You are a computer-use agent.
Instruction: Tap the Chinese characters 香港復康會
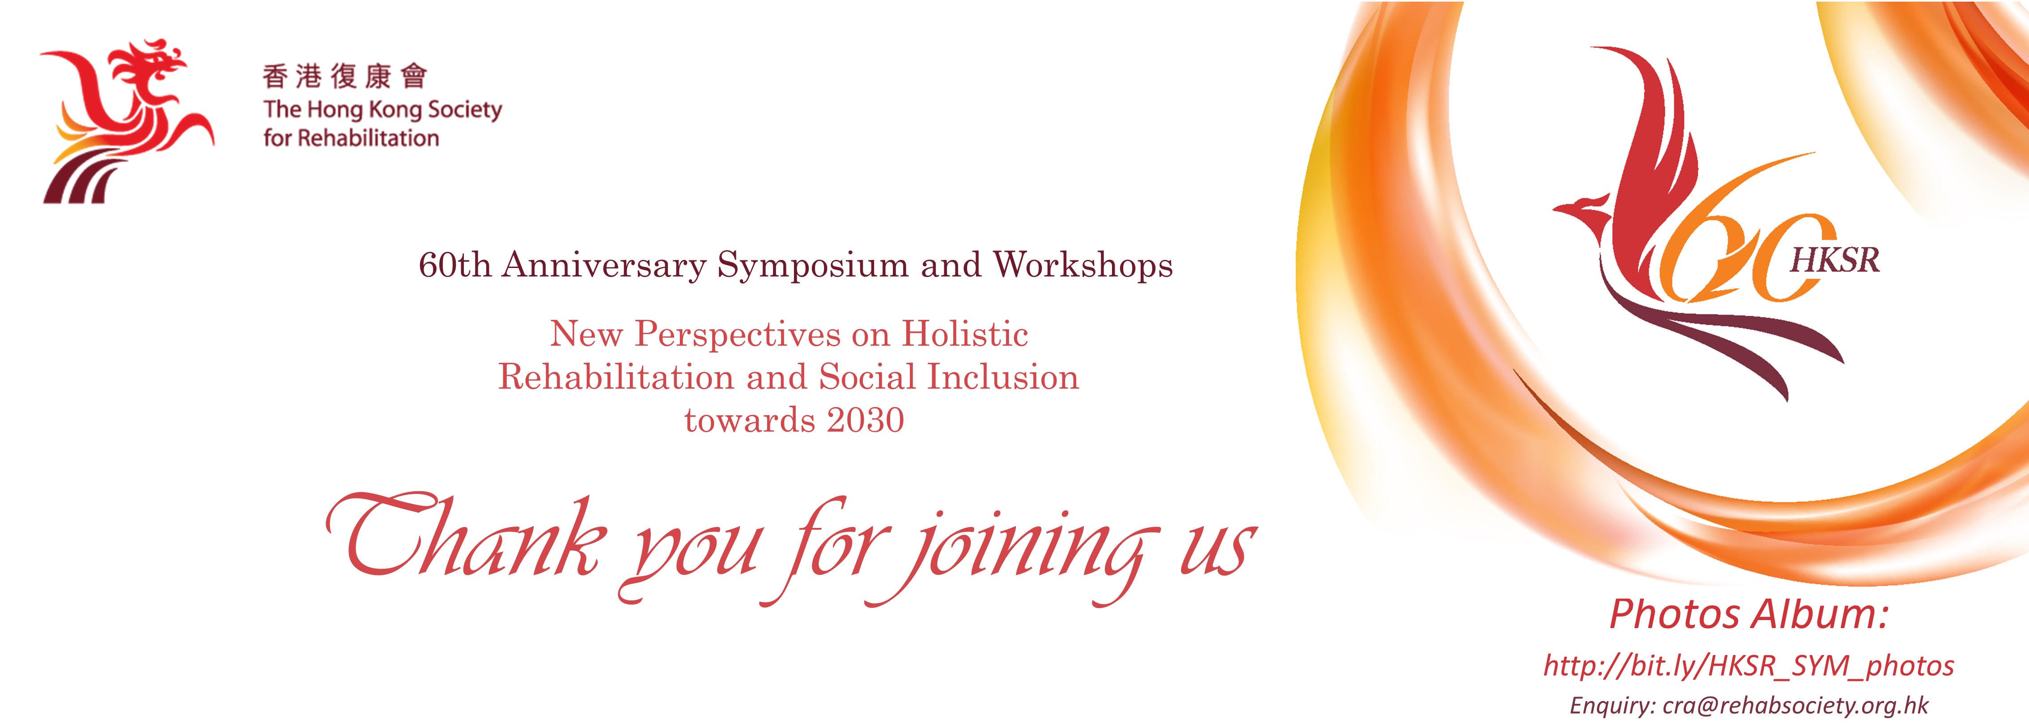(345, 77)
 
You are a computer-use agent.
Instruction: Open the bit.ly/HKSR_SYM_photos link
(1749, 666)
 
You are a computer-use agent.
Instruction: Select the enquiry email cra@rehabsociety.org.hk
(1796, 705)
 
